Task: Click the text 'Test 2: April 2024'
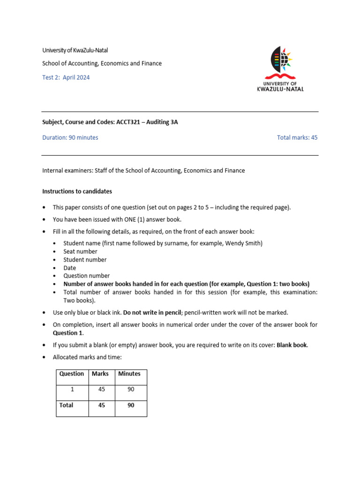(66, 77)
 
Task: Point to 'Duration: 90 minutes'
(70, 137)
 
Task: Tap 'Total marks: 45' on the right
(297, 137)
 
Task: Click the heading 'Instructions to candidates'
(77, 191)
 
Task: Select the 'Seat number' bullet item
(81, 251)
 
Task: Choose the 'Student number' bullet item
(85, 260)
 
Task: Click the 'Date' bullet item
(70, 268)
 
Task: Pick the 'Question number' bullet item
(87, 276)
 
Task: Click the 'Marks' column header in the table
(100, 374)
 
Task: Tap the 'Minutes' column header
(129, 374)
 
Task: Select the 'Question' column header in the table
(72, 374)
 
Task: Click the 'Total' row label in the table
(66, 405)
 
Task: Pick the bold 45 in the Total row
(101, 405)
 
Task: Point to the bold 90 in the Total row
(131, 405)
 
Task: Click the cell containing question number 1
(72, 390)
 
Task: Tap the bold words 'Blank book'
(291, 345)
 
